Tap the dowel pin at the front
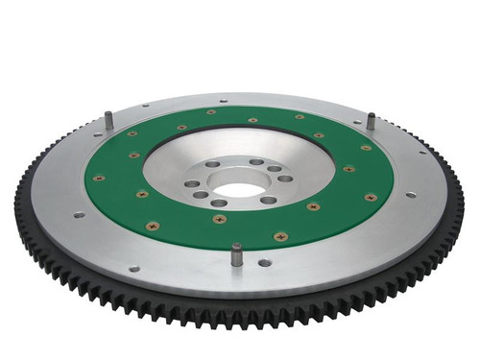coord(236,253)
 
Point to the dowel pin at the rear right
coord(370,121)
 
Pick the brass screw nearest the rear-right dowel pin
coord(365,147)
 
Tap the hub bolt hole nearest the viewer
coord(219,203)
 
